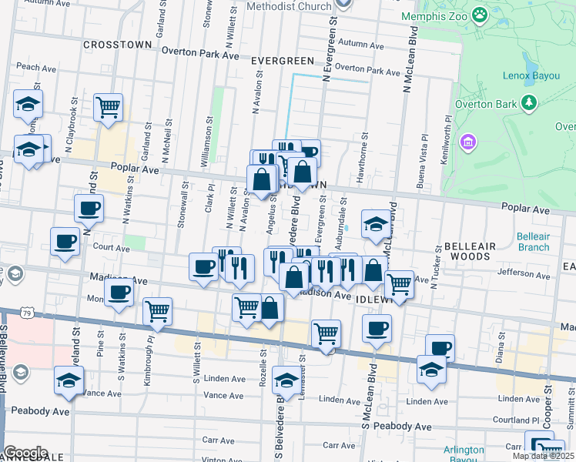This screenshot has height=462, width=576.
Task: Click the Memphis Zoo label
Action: pyautogui.click(x=436, y=15)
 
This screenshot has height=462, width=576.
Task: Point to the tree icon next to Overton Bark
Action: pyautogui.click(x=528, y=102)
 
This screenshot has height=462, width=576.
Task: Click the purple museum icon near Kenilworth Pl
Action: pyautogui.click(x=467, y=142)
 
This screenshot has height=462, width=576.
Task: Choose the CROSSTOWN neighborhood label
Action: pyautogui.click(x=118, y=45)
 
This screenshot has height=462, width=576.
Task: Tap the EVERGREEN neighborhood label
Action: pyautogui.click(x=282, y=61)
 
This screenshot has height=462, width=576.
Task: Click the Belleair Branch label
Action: pyautogui.click(x=533, y=242)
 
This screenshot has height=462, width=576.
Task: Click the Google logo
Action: pyautogui.click(x=25, y=453)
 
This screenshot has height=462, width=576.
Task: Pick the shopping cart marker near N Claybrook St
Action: pyautogui.click(x=108, y=107)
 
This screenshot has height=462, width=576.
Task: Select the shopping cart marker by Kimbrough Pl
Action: pyautogui.click(x=157, y=311)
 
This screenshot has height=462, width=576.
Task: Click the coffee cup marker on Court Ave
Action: pyautogui.click(x=65, y=240)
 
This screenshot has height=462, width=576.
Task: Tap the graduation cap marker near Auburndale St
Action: pyautogui.click(x=376, y=223)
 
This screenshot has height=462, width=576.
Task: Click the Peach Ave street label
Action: pyautogui.click(x=28, y=67)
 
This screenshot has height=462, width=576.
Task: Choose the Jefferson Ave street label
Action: pyautogui.click(x=521, y=272)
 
